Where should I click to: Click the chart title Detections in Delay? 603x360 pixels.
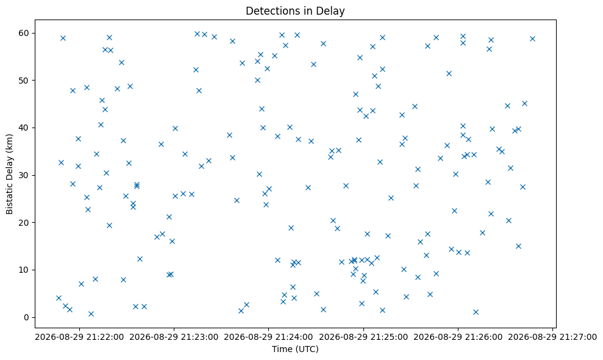pos(295,11)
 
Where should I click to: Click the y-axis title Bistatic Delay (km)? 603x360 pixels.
pos(9,174)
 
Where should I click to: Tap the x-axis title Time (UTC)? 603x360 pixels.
pos(295,349)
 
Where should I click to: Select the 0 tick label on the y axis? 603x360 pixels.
pos(27,318)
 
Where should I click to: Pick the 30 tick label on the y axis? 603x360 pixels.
pos(24,175)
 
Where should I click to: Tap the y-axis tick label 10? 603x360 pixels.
pos(24,270)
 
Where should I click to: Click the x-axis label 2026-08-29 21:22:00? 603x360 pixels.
pos(80,337)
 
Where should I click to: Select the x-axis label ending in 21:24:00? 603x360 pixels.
pos(269,337)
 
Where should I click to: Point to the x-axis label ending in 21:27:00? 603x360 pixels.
pos(552,337)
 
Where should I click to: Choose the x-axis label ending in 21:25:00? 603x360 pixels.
pos(363,337)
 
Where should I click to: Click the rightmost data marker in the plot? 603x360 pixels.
pos(533,39)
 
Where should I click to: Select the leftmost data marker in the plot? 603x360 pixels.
pos(59,298)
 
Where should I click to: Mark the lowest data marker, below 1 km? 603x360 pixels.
pos(91,314)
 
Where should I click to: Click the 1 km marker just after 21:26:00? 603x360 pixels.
pos(476,312)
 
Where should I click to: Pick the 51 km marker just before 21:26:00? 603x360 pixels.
pos(449,74)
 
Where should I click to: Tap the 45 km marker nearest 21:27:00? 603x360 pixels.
pos(524,103)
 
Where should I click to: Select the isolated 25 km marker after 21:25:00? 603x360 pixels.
pos(391,198)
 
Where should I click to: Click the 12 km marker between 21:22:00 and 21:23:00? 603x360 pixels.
pos(140,259)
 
